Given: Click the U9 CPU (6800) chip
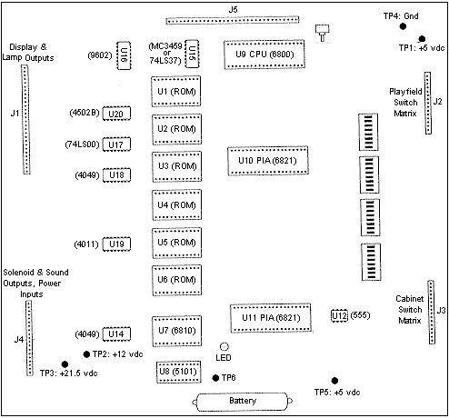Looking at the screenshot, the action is pyautogui.click(x=264, y=55).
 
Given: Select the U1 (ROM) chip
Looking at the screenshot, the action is pyautogui.click(x=176, y=91).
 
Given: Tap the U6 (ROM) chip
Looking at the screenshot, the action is pyautogui.click(x=176, y=280).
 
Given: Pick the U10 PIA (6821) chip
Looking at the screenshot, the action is pyautogui.click(x=268, y=161).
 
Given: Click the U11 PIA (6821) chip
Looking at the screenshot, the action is pyautogui.click(x=271, y=318).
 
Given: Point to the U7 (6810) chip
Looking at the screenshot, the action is pyautogui.click(x=176, y=331).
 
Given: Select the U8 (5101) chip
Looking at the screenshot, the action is pyautogui.click(x=178, y=372).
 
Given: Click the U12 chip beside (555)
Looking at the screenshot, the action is pyautogui.click(x=339, y=315).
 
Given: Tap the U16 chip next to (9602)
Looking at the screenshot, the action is pyautogui.click(x=124, y=55).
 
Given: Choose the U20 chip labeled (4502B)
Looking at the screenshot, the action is pyautogui.click(x=116, y=114).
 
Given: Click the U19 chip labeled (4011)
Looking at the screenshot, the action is pyautogui.click(x=116, y=244).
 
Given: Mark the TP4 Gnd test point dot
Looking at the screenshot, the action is pyautogui.click(x=403, y=26).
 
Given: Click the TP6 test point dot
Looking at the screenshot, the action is pyautogui.click(x=215, y=378).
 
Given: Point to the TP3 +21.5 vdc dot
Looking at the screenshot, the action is pyautogui.click(x=65, y=364).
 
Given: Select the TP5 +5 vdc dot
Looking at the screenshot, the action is pyautogui.click(x=334, y=381).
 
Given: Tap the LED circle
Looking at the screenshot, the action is pyautogui.click(x=224, y=346).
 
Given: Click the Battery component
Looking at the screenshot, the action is pyautogui.click(x=242, y=402).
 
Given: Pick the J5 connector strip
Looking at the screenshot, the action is pyautogui.click(x=233, y=20).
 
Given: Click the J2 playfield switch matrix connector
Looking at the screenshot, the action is pyautogui.click(x=428, y=103).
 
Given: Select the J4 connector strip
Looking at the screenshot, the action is pyautogui.click(x=29, y=338).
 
